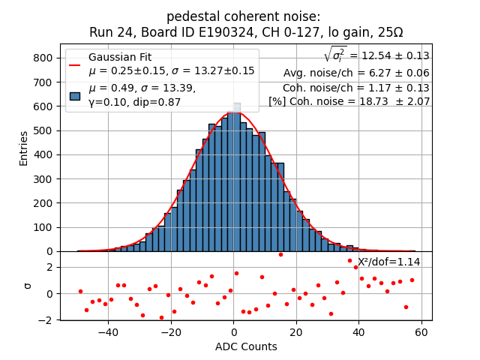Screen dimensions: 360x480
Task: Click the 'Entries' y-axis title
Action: click(x=23, y=148)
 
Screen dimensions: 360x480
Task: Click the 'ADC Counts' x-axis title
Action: click(x=246, y=346)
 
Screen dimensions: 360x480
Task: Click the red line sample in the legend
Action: click(x=75, y=64)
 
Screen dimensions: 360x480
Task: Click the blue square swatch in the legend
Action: click(x=75, y=95)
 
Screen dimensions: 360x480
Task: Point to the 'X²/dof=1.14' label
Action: click(x=388, y=262)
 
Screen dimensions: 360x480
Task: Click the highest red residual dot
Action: click(x=280, y=254)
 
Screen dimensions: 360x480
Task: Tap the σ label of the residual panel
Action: click(x=28, y=286)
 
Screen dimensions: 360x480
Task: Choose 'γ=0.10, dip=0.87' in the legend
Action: click(x=135, y=102)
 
